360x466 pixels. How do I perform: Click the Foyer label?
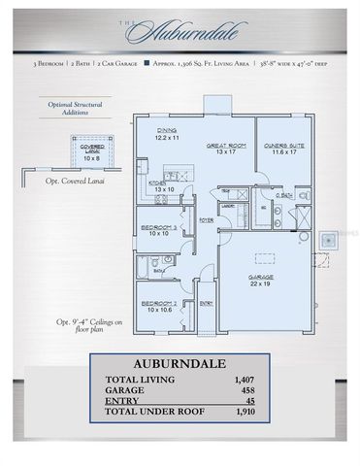[207, 220]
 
